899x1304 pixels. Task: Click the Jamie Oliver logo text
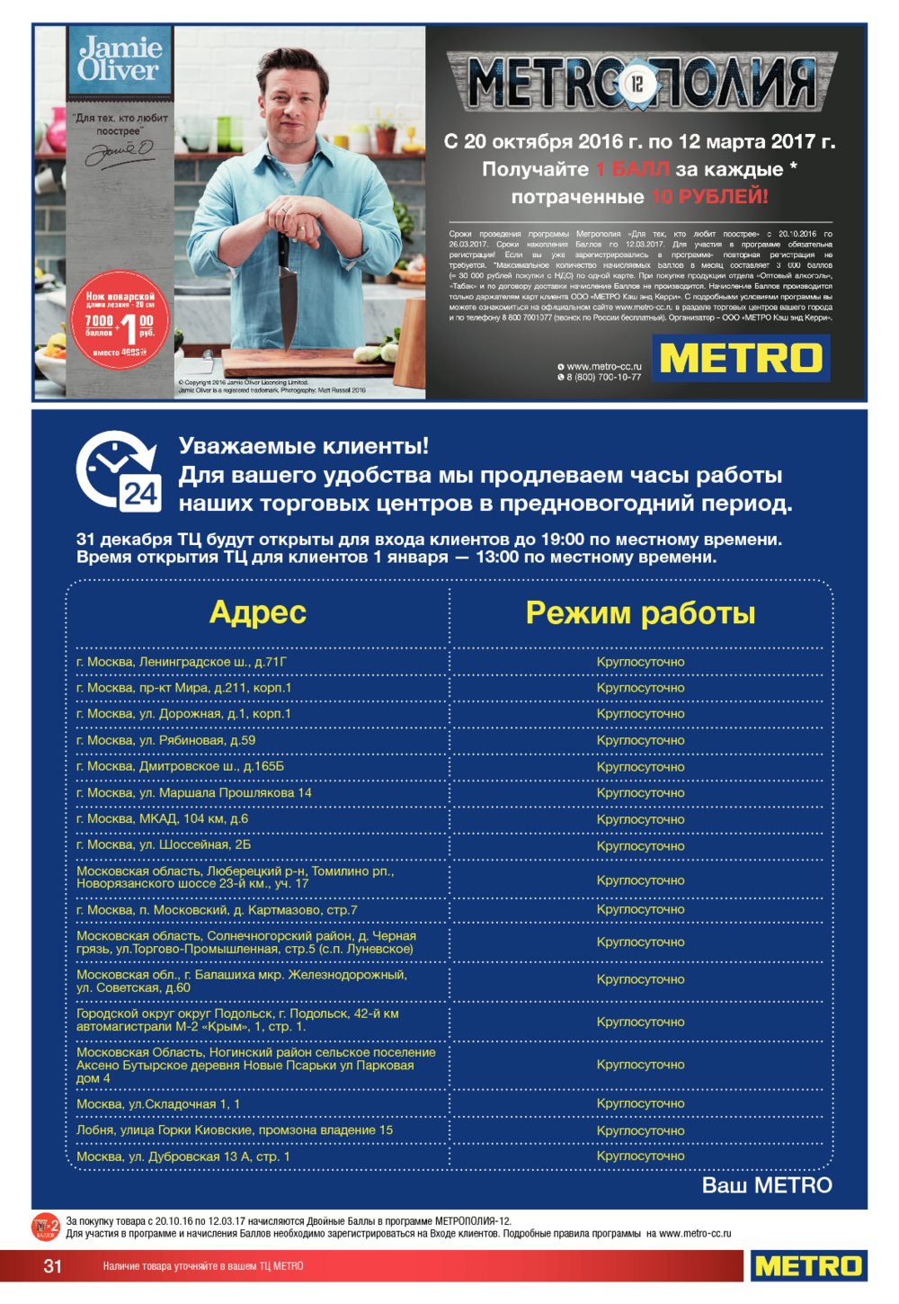120,59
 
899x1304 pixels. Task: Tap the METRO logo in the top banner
741,358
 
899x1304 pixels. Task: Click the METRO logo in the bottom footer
808,1266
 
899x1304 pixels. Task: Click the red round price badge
121,319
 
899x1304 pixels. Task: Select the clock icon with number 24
118,472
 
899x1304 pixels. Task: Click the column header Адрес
257,612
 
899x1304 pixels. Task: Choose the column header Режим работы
640,612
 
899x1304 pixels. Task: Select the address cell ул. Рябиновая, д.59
166,740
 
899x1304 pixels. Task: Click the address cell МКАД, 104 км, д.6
162,818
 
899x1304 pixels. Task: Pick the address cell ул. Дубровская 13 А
182,1157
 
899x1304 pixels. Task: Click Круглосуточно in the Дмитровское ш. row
640,767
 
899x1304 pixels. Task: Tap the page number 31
53,1266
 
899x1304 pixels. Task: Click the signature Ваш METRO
766,1185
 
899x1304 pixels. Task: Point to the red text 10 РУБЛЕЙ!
709,197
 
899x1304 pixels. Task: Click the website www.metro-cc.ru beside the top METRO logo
603,366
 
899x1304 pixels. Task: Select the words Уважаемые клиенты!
304,446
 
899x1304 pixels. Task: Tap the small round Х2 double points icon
46,1227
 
